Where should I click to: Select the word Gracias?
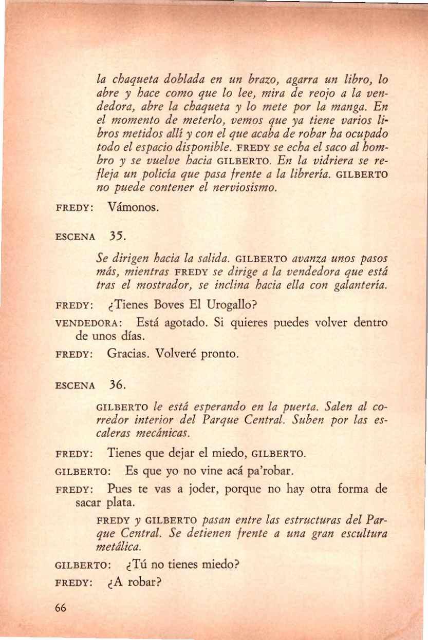coord(129,354)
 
